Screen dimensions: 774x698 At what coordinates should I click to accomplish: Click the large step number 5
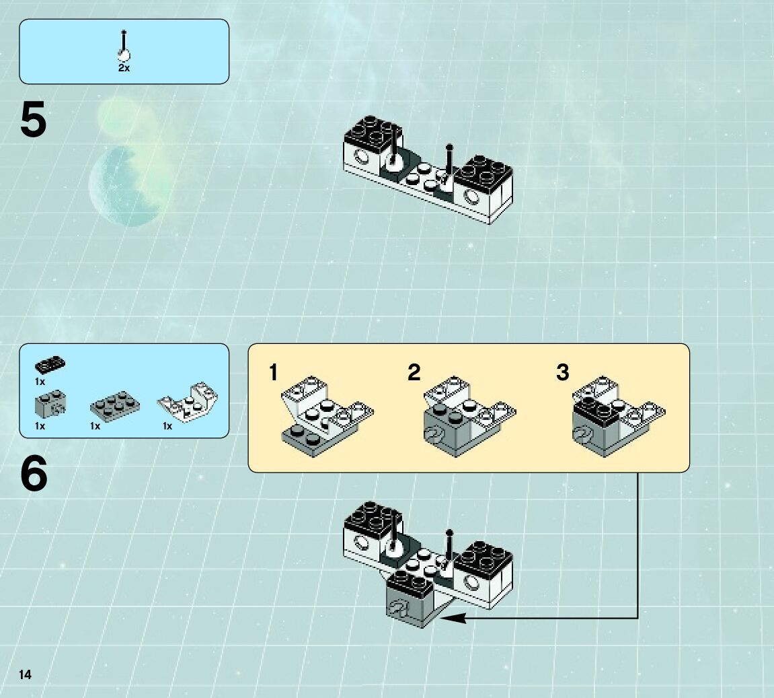point(34,120)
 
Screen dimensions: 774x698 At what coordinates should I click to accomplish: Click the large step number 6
point(34,475)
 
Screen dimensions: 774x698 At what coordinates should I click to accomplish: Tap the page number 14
point(26,674)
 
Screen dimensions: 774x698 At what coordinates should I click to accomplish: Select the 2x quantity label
point(124,69)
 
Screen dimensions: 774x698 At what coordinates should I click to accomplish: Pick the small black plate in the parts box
point(50,365)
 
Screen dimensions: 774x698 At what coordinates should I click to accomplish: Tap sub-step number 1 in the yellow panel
point(273,372)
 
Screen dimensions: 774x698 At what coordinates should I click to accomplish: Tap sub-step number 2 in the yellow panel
point(414,372)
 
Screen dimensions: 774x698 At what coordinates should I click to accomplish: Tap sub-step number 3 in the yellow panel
point(562,372)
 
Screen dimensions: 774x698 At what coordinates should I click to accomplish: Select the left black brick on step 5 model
point(372,130)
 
